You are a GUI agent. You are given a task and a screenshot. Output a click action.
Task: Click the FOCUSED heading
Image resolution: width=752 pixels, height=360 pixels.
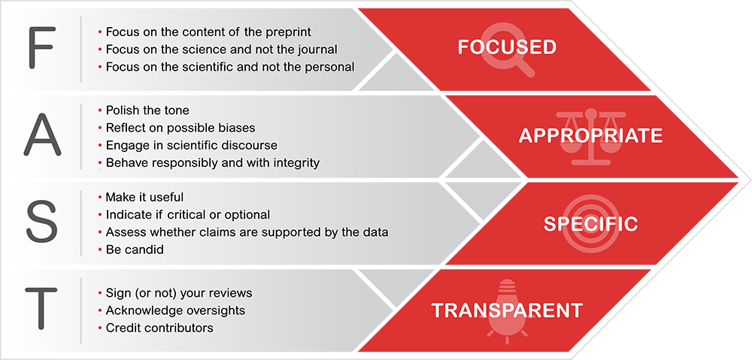pos(507,47)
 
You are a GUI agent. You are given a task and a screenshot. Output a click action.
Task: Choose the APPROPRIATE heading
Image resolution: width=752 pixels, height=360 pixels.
pos(591,136)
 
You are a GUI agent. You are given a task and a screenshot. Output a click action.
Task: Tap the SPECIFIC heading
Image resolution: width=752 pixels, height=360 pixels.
pos(591,223)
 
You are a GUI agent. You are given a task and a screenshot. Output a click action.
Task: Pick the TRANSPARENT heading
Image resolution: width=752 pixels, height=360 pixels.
pos(507,310)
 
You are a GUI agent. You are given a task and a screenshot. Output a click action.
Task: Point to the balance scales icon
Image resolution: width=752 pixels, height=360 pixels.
pos(590,138)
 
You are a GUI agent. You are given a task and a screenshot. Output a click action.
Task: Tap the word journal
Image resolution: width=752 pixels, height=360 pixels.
pos(321,50)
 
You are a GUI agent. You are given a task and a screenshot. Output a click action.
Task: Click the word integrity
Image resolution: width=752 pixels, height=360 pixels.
pos(296,163)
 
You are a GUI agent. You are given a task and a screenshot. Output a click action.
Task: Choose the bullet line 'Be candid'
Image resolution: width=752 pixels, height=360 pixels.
pos(130,250)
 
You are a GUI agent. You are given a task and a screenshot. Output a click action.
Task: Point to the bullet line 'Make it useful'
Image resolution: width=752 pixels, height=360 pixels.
pos(141,198)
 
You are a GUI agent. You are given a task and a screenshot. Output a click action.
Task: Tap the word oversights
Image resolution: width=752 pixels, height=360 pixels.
pos(217,310)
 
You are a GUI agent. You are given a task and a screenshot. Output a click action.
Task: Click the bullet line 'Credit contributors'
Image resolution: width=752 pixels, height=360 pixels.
pos(156,328)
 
